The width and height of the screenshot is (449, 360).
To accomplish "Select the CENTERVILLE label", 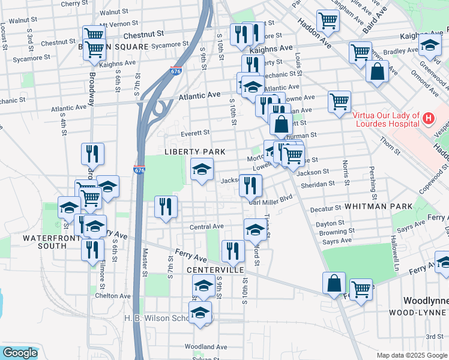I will pyautogui.click(x=215, y=270).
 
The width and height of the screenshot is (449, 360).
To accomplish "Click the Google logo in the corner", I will pyautogui.click(x=20, y=353).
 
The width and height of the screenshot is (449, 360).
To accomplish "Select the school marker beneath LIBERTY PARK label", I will pyautogui.click(x=202, y=169).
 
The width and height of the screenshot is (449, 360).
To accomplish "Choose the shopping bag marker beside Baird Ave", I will pyautogui.click(x=377, y=71).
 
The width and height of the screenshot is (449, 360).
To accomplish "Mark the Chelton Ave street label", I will pyautogui.click(x=112, y=296).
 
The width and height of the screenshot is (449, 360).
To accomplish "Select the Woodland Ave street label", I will pyautogui.click(x=206, y=347).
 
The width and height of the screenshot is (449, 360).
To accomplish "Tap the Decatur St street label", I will pyautogui.click(x=325, y=209).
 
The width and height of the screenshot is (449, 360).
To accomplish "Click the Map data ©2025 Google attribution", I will pyautogui.click(x=411, y=355).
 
